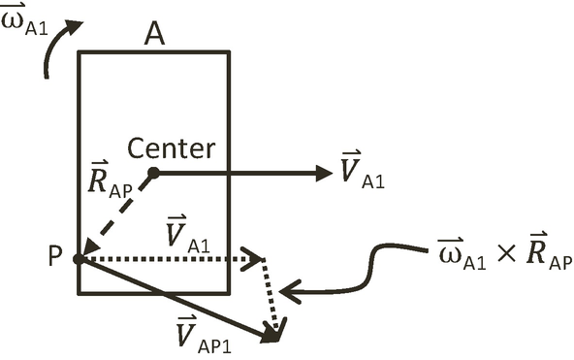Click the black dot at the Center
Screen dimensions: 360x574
(152, 173)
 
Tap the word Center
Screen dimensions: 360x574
(172, 148)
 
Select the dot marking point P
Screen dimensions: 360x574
(79, 259)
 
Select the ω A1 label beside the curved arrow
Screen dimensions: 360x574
(25, 20)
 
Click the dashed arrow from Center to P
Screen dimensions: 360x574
(115, 215)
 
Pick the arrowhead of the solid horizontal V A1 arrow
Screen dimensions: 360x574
(324, 173)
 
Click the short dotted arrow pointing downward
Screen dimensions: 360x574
(273, 301)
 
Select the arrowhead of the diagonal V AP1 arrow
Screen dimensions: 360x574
(272, 334)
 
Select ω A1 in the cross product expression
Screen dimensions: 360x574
(456, 258)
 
